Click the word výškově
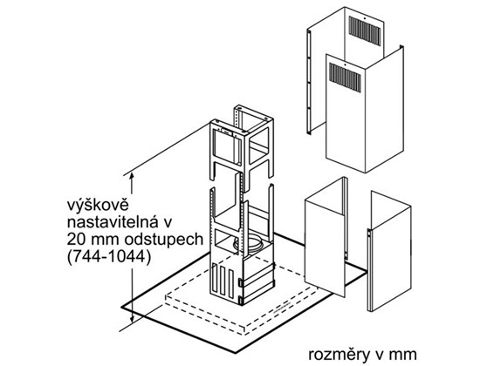tap(98, 206)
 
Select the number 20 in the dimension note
tap(76, 240)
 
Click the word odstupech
tap(164, 241)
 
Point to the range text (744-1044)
tap(109, 258)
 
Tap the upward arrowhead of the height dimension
tap(132, 177)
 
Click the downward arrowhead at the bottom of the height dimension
tap(133, 319)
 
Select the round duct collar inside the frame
tap(250, 244)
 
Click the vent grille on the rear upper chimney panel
tap(365, 31)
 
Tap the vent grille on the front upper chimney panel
tap(345, 78)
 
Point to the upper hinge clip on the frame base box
tap(241, 282)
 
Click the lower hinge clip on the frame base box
tap(241, 301)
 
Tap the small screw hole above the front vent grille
tap(345, 64)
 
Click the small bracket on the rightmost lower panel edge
tap(369, 234)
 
